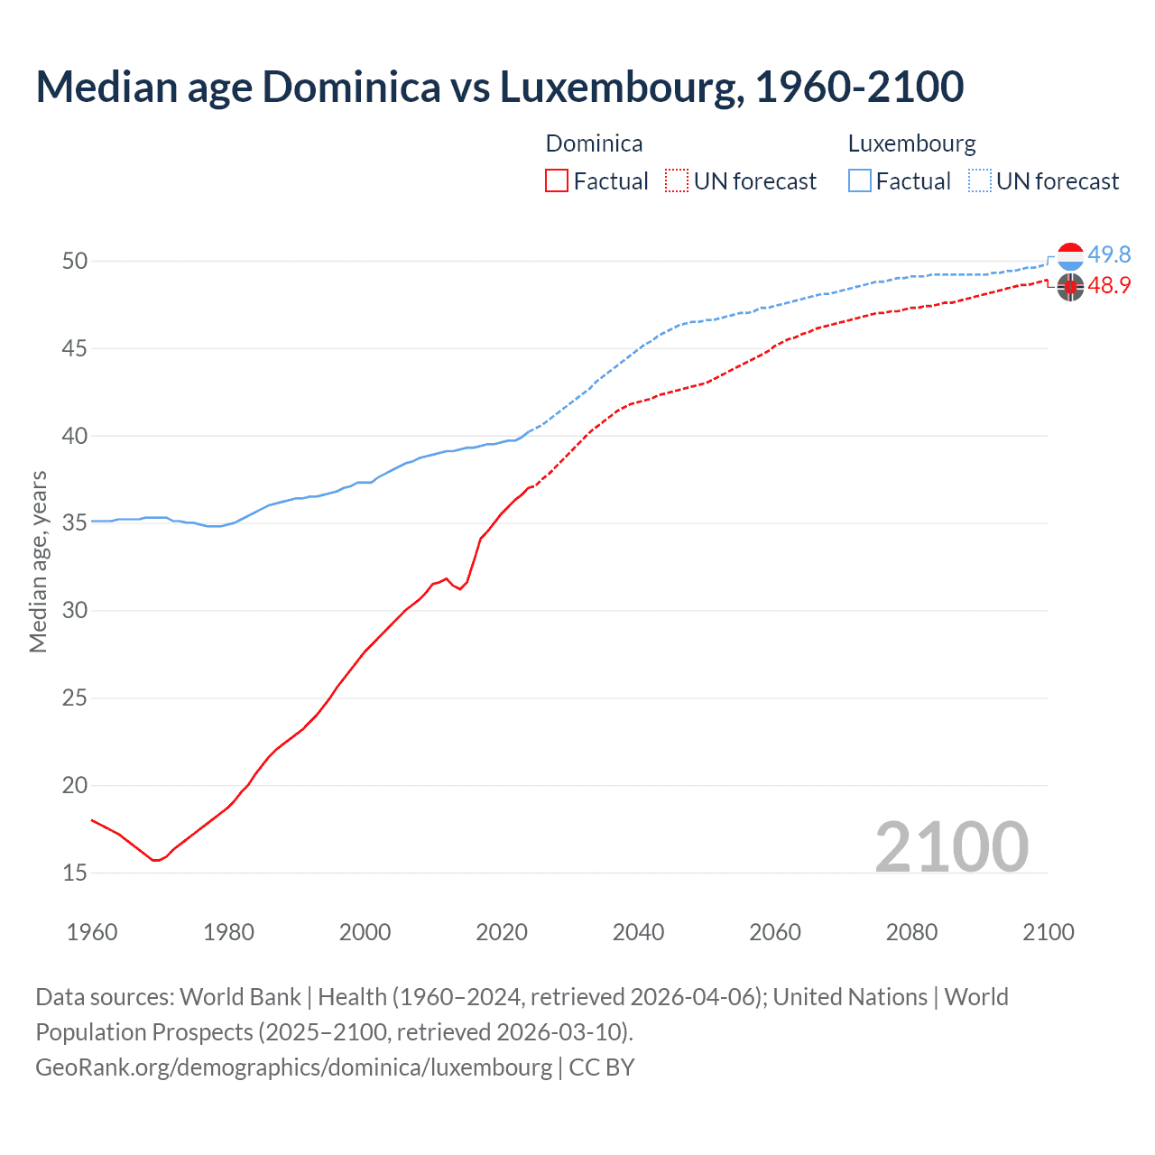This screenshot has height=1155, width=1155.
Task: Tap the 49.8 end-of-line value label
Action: [1109, 255]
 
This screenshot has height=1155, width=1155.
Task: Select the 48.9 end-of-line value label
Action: [1109, 286]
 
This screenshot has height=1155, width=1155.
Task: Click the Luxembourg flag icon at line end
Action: [1070, 256]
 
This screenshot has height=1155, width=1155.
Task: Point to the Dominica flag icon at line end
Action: [1070, 288]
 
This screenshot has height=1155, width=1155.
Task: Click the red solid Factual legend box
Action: [557, 181]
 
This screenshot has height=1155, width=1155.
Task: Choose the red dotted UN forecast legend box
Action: [677, 181]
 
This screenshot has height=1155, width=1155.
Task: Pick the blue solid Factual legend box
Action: [860, 181]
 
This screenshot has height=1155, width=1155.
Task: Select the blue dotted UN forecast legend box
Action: [979, 181]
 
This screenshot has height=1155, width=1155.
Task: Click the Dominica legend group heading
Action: [594, 143]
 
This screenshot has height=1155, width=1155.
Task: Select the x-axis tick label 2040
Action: [638, 932]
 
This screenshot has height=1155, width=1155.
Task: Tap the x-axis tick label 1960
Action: [92, 932]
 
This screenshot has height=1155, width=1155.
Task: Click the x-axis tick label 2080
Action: [911, 932]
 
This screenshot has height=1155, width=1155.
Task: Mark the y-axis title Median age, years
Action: [38, 561]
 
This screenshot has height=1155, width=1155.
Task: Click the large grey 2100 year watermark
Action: [951, 846]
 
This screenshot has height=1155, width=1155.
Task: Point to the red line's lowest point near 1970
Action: [155, 860]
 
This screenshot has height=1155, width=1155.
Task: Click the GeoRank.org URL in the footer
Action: [293, 1067]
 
